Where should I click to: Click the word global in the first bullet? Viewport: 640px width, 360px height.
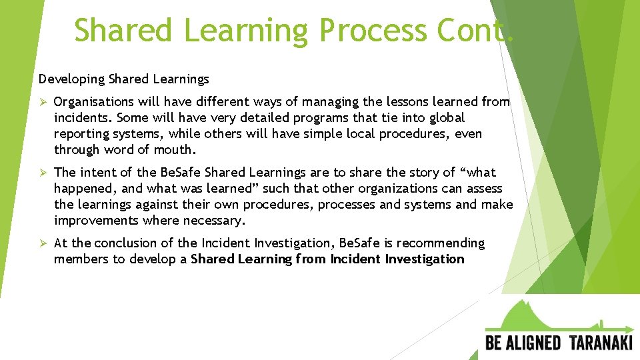point(447,118)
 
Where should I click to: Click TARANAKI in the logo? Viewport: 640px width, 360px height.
point(601,343)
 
